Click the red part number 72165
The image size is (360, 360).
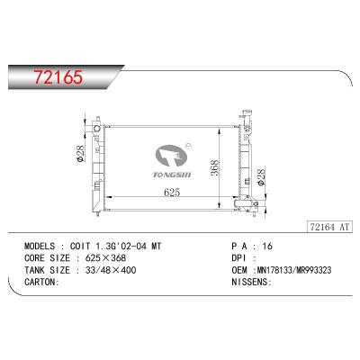coord(58,77)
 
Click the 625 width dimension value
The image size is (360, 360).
coord(172,192)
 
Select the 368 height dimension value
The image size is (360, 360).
coord(214,168)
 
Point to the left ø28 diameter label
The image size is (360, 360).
coord(81,154)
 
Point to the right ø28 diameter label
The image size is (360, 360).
coord(261,177)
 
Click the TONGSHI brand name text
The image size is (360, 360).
coord(172,175)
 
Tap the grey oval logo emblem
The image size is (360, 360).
coord(171,157)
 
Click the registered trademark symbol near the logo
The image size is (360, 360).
coord(189,146)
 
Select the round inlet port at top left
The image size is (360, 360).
coord(96,129)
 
